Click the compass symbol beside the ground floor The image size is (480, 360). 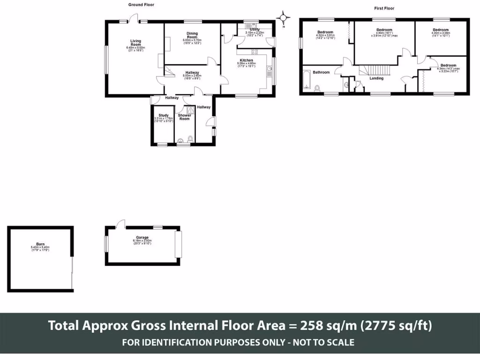pyautogui.click(x=283, y=18)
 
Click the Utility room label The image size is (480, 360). pyautogui.click(x=255, y=30)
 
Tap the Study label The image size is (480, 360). pyautogui.click(x=164, y=115)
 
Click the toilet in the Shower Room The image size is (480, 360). pyautogui.click(x=190, y=138)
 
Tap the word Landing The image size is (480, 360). pyautogui.click(x=376, y=78)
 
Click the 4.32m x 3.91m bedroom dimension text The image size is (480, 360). pyautogui.click(x=325, y=36)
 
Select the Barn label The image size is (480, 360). pyautogui.click(x=40, y=244)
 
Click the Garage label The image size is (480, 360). pyautogui.click(x=142, y=238)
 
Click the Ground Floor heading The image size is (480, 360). pyautogui.click(x=141, y=5)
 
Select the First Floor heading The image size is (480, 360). pyautogui.click(x=384, y=8)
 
